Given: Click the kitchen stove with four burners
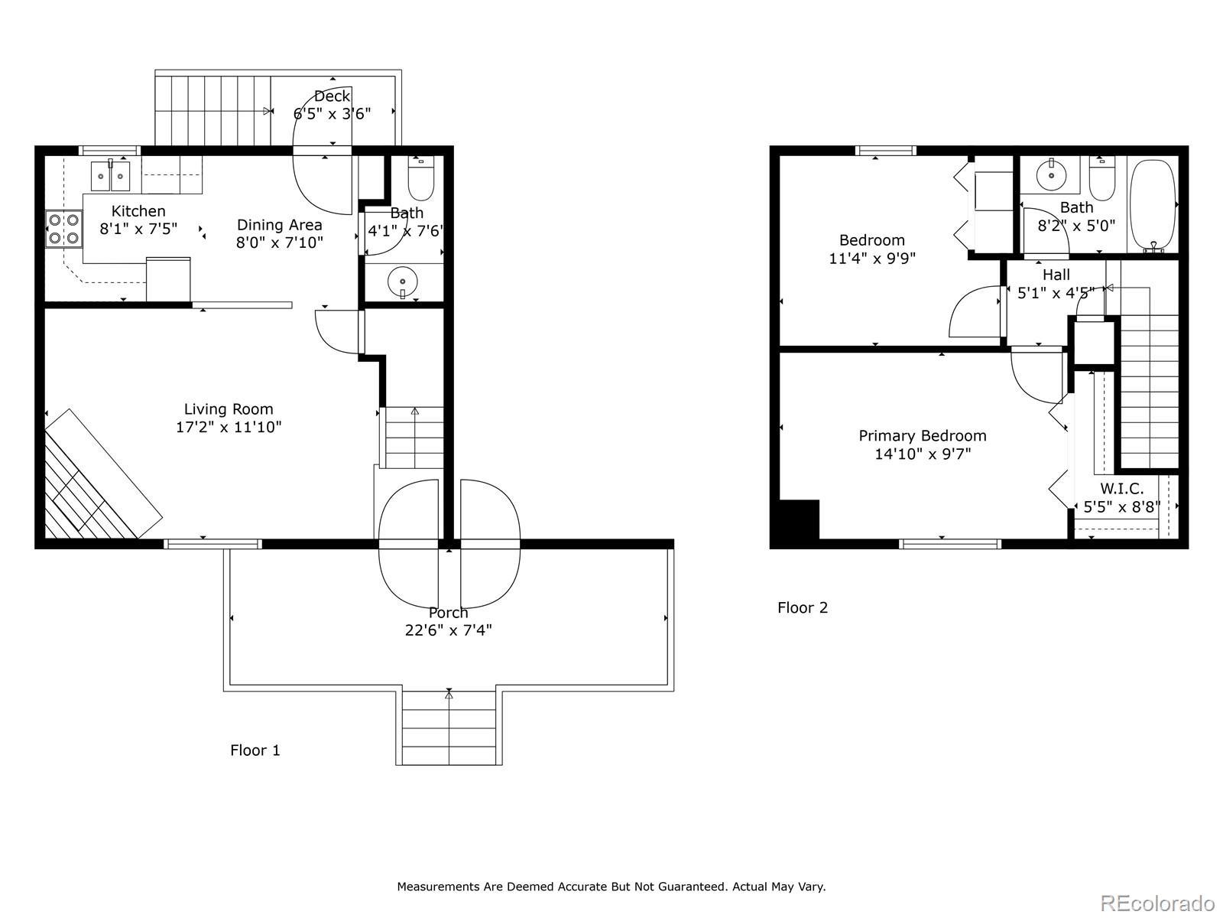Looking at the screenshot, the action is coord(63,229).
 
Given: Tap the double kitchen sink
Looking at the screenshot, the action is coord(110,176).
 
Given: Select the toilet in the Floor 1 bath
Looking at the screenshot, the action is coord(420,178).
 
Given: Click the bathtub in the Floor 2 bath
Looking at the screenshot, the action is coord(1152,206).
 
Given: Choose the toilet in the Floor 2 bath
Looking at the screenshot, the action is coord(1102,179).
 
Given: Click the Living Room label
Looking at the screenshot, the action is coord(229,409).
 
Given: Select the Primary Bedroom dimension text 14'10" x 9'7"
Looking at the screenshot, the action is coord(923,454).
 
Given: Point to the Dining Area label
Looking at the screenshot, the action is coord(279,225).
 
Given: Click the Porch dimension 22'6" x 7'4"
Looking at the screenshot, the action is coord(448,630).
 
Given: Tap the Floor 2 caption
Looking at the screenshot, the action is coord(803,607).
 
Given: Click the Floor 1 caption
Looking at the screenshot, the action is coord(255,750).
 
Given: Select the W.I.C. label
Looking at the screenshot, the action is coord(1121,489).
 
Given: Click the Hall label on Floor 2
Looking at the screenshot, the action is coord(1056,275).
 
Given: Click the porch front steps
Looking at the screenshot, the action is coord(449,728).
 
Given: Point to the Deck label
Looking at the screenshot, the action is coord(332,96).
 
